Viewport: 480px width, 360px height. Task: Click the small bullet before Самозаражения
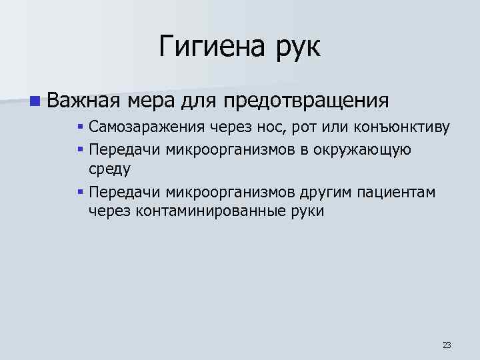(79, 127)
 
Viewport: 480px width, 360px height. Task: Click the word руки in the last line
(307, 213)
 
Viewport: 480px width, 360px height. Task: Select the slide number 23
(446, 345)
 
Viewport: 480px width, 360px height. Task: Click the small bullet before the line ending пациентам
(79, 192)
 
